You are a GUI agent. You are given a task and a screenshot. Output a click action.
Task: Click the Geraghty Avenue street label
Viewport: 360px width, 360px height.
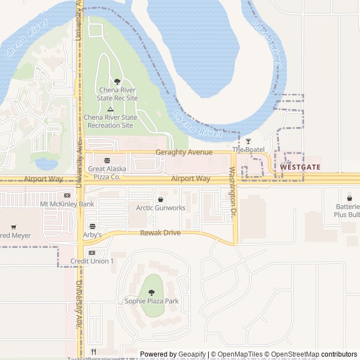point(184,152)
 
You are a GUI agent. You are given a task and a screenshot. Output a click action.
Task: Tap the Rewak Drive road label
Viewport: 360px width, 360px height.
point(160,232)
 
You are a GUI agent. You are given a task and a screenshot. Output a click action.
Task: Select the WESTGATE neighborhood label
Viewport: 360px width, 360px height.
point(300,167)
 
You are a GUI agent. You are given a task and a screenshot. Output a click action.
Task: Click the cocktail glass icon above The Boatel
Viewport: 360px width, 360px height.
point(248,141)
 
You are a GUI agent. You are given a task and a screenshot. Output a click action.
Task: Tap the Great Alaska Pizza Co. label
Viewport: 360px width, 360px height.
point(105,173)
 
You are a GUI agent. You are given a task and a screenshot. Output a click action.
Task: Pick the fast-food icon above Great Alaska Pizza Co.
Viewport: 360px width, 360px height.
point(106,160)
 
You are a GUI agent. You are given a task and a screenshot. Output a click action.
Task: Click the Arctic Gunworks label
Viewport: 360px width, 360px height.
point(160,208)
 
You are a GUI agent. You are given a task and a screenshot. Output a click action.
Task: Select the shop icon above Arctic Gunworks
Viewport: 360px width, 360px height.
point(161,199)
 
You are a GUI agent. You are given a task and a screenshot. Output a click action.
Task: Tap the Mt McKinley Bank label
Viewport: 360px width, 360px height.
point(67,204)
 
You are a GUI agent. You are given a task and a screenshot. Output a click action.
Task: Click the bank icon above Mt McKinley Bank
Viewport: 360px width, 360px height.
point(67,195)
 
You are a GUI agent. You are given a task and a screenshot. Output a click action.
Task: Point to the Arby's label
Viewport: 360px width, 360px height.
point(92,235)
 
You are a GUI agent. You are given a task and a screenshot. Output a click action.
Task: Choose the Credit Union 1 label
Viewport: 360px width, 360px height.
point(92,261)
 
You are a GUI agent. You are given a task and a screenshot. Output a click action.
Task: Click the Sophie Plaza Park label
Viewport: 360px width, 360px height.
point(151,301)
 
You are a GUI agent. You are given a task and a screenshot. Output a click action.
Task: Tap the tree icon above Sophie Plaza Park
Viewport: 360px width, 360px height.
point(151,292)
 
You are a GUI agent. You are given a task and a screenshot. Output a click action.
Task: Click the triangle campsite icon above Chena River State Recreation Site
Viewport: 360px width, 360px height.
point(110,109)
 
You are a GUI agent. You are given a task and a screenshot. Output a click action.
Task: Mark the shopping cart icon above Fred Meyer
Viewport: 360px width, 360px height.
point(13,227)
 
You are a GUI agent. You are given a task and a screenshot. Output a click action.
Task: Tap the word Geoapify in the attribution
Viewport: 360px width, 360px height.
point(191,354)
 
